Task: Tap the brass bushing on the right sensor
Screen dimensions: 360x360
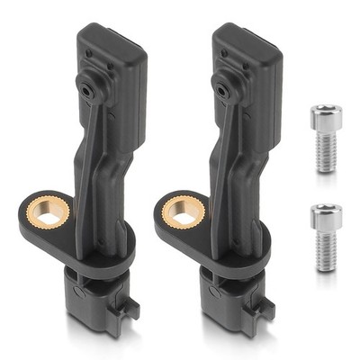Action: click(179, 210)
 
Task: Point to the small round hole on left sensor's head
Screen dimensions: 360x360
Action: click(86, 89)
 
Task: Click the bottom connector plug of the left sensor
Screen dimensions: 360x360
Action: click(95, 306)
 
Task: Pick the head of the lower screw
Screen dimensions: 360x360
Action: click(324, 215)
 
